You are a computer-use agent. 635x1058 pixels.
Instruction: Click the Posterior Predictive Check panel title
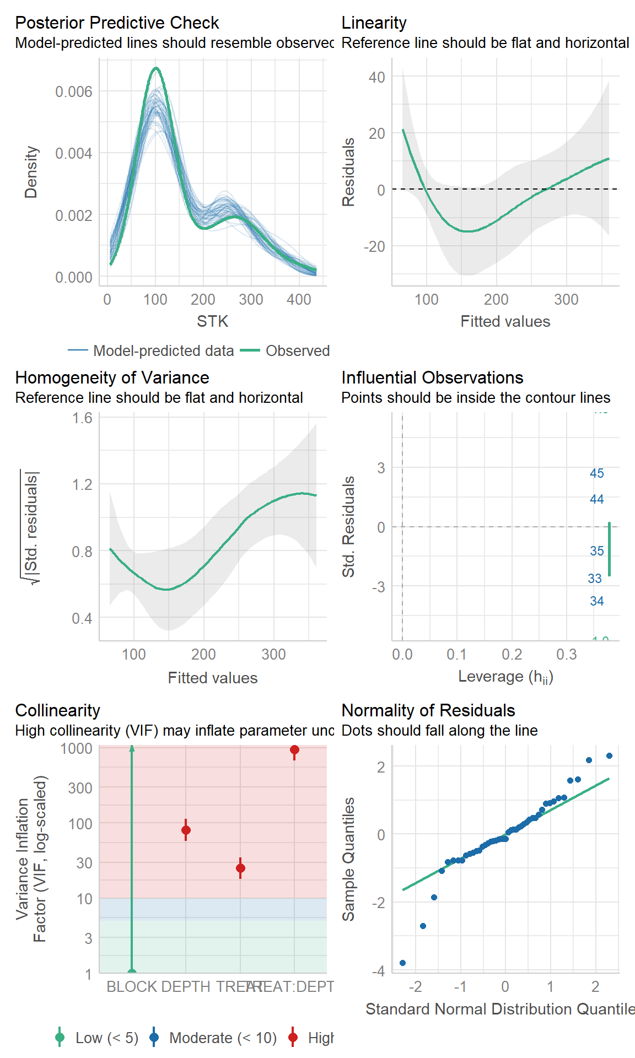tap(117, 23)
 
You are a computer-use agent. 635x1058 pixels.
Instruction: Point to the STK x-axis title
tap(212, 321)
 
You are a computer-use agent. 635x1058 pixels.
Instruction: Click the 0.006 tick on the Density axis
tap(74, 91)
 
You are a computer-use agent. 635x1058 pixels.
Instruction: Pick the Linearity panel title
tap(374, 23)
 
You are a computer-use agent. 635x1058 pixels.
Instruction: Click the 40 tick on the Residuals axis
tap(377, 77)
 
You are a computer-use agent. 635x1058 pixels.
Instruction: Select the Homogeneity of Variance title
tap(112, 377)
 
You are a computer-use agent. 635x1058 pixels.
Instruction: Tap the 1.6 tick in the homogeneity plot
tap(82, 418)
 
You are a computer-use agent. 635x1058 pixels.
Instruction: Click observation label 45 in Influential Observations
tap(596, 473)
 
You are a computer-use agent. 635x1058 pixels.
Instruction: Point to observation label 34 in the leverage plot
tap(596, 601)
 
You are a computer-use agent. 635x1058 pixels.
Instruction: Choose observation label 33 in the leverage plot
tap(594, 579)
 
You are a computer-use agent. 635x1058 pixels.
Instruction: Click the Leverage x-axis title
tap(505, 677)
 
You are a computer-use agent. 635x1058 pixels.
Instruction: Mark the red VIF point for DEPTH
tap(186, 830)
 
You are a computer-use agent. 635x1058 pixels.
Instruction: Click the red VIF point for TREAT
tap(240, 868)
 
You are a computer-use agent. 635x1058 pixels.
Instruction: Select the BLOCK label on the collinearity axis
tap(131, 986)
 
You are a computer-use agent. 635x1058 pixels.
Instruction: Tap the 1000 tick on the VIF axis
tap(76, 748)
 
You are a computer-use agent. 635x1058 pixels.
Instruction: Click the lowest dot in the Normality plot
tap(402, 963)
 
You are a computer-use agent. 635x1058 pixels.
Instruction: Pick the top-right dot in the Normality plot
tap(609, 755)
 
